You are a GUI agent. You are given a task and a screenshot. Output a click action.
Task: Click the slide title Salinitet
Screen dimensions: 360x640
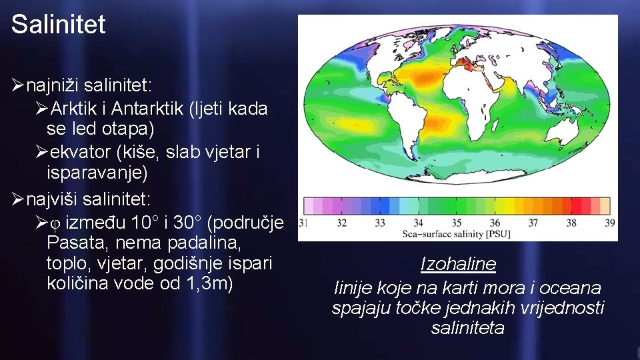point(58,25)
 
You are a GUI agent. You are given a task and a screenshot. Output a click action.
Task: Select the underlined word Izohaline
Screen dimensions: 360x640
point(458,265)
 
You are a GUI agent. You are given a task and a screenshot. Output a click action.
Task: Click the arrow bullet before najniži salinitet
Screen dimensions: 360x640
point(18,85)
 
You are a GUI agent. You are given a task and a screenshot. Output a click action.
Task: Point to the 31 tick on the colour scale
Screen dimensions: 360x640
point(303,223)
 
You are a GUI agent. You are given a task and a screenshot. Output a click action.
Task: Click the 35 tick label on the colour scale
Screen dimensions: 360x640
point(457,223)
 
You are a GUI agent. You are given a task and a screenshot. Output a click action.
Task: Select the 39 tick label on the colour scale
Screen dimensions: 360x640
point(609,223)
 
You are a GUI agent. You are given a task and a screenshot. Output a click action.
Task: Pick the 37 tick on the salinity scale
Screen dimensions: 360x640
point(533,223)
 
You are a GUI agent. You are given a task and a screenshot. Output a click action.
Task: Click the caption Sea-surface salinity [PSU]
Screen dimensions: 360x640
point(457,234)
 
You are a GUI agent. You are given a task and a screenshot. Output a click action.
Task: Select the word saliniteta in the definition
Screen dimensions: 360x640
point(467,328)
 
